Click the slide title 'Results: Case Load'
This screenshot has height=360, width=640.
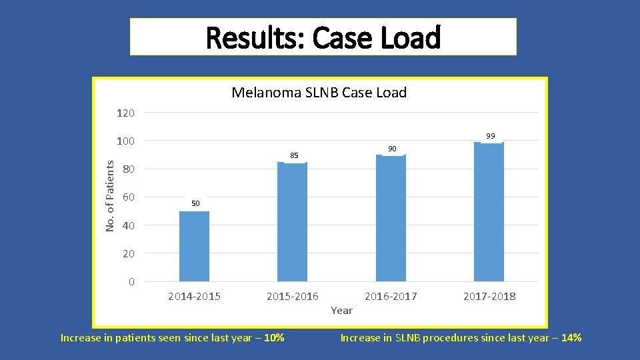click(323, 37)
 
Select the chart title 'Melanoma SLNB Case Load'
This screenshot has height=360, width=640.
click(319, 93)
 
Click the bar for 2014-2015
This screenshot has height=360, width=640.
click(194, 246)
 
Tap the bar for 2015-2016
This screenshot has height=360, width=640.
click(292, 221)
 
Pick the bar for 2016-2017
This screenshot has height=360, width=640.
click(391, 218)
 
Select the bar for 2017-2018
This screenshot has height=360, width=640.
click(489, 212)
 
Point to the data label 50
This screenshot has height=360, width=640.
click(194, 203)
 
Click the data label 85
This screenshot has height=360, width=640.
click(294, 155)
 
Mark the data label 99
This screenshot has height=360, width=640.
click(491, 136)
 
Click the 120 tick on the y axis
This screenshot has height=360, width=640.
click(125, 113)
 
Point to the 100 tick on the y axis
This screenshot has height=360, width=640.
click(125, 141)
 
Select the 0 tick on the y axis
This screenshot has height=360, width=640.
click(131, 282)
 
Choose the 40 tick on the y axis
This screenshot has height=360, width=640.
click(128, 226)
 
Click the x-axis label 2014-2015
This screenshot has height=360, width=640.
click(194, 296)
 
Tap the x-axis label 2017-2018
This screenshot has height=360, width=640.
click(489, 296)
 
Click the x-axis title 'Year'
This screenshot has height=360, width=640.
click(341, 310)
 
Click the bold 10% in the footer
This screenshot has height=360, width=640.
click(273, 338)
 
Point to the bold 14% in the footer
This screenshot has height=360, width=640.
click(571, 338)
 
